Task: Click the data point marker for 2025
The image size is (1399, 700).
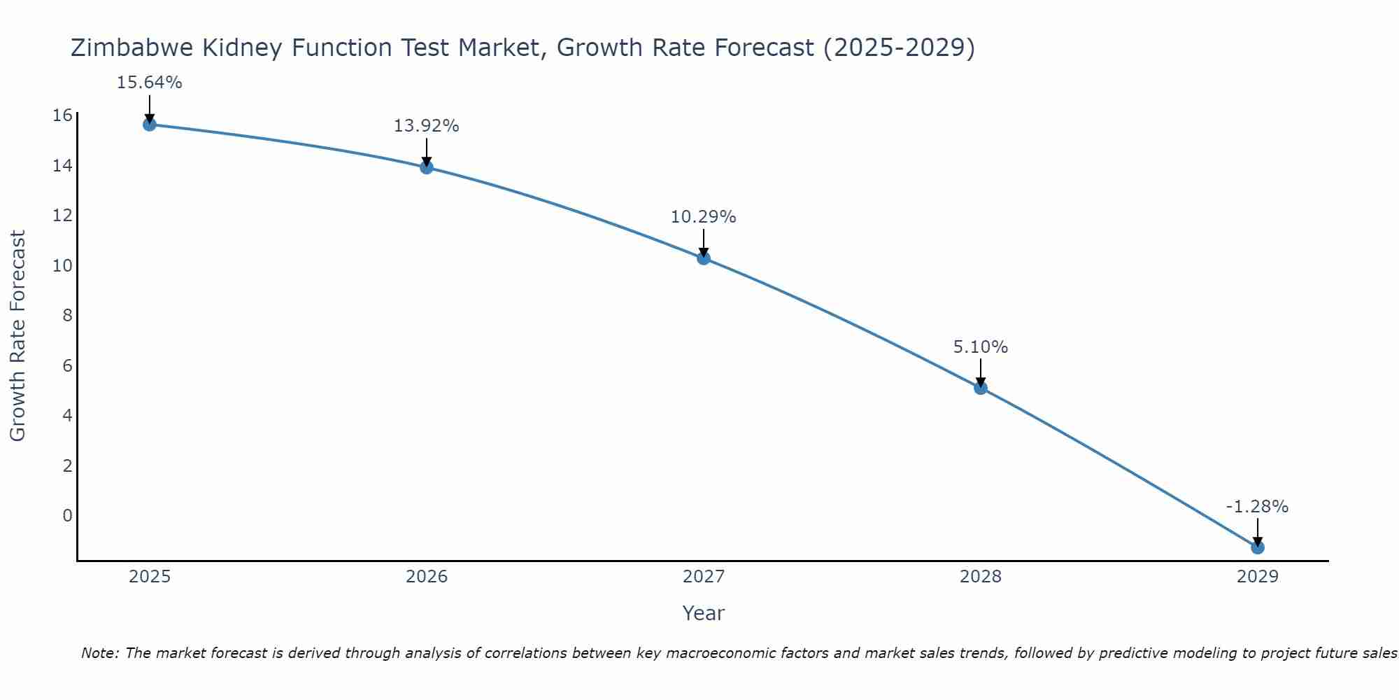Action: coord(150,125)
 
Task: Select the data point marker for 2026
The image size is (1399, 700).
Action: coord(427,167)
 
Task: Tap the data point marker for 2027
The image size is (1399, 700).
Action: coord(704,258)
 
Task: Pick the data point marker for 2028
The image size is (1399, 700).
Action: coord(981,388)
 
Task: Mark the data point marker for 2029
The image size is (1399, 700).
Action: coord(1258,547)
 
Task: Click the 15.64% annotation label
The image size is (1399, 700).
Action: coord(150,83)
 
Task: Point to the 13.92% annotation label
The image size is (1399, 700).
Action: coord(427,126)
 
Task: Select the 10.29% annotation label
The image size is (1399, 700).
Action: coord(704,217)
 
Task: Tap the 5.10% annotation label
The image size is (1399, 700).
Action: coord(981,347)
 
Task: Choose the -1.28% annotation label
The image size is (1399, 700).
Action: coord(1257,507)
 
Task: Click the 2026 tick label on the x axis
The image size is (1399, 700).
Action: coord(427,577)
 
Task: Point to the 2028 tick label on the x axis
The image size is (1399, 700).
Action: coord(981,577)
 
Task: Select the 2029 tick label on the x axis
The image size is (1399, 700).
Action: coord(1258,577)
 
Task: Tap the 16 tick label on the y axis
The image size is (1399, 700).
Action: coord(63,115)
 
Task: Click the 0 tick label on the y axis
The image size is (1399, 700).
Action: coord(68,516)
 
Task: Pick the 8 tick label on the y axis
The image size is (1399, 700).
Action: coord(68,316)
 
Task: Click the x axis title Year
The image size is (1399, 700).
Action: coord(704,613)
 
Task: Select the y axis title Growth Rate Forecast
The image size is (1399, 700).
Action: coord(17,336)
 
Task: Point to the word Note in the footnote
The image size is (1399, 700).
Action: coord(99,654)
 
